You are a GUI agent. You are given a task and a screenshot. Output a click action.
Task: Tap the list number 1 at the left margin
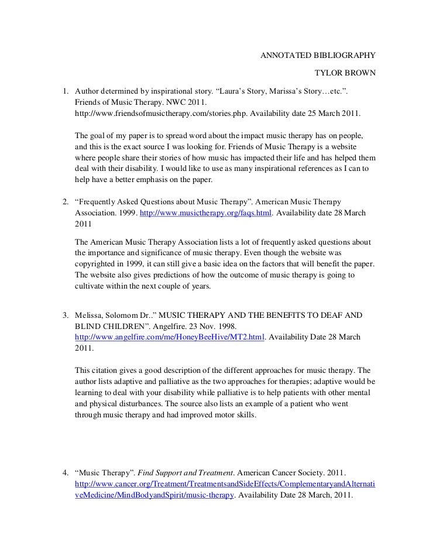point(66,91)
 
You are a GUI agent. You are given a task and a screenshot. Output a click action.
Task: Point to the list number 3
point(66,316)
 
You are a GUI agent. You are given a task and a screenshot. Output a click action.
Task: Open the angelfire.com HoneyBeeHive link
point(170,338)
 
